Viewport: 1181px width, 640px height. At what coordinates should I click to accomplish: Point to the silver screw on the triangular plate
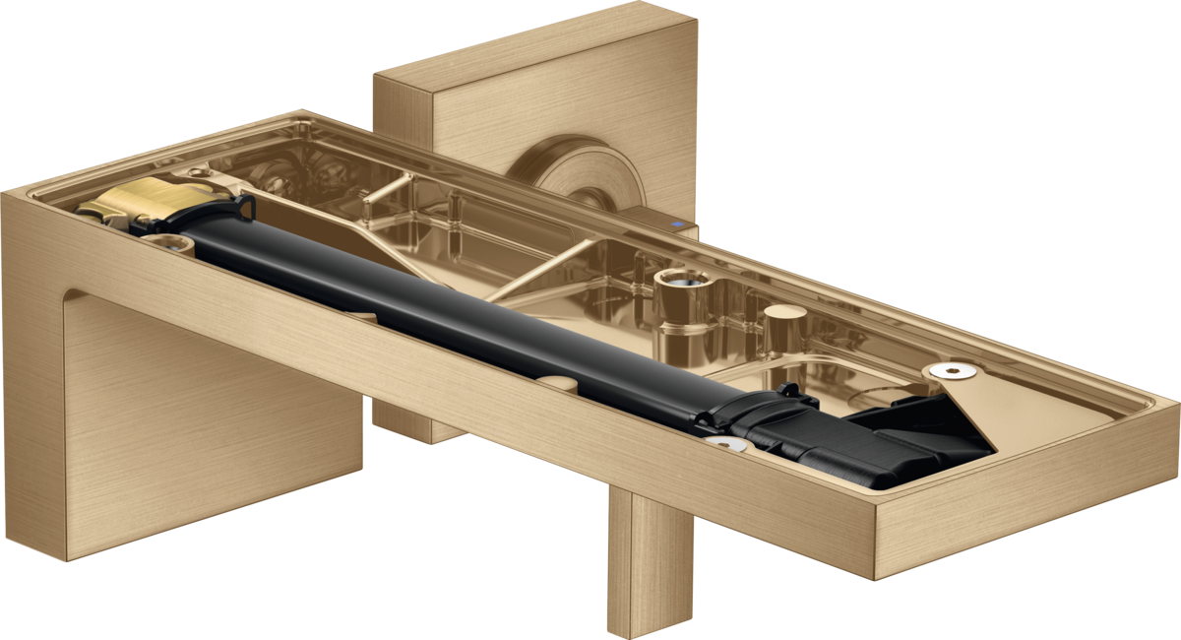(951, 371)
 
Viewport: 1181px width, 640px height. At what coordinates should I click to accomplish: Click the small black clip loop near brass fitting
(242, 207)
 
